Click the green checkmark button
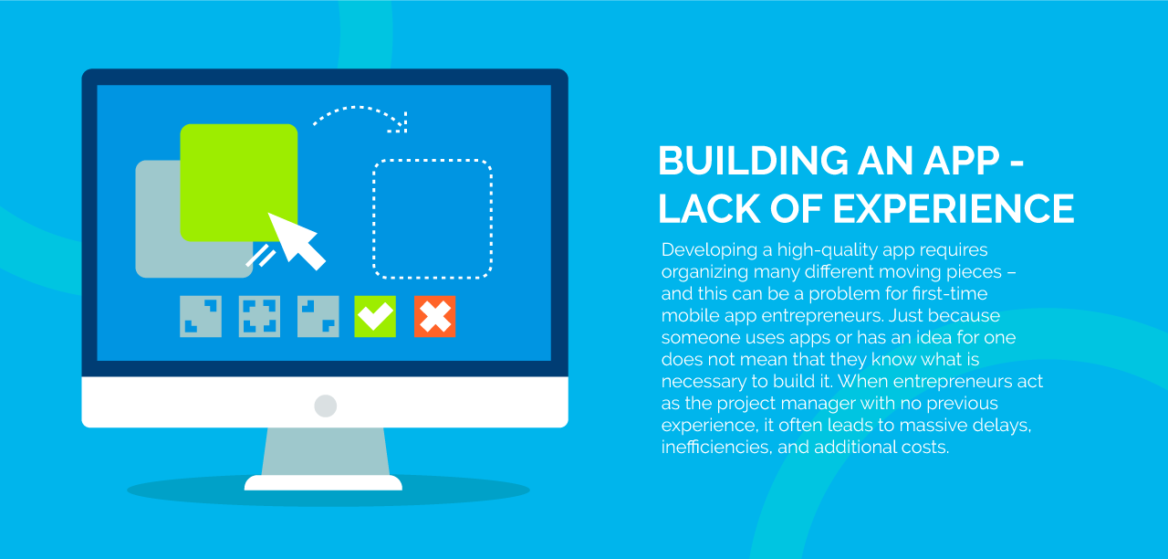coord(375,316)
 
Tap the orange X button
coord(435,316)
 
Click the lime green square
coord(239,183)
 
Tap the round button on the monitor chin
coord(326,406)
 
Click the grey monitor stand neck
coord(326,451)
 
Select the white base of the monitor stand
coord(323,483)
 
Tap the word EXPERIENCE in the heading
coord(954,209)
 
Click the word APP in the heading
coord(962,161)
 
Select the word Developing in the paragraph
coord(709,250)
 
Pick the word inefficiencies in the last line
coord(716,448)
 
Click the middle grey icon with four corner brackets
coord(259,316)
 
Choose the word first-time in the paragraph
coord(950,293)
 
